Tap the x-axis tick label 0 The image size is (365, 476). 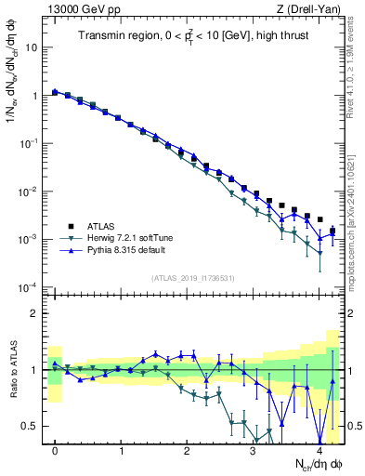point(56,451)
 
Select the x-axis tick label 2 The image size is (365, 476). point(188,451)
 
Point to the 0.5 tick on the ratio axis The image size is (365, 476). point(33,426)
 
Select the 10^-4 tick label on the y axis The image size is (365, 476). point(31,287)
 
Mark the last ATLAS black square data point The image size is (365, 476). point(332,231)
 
